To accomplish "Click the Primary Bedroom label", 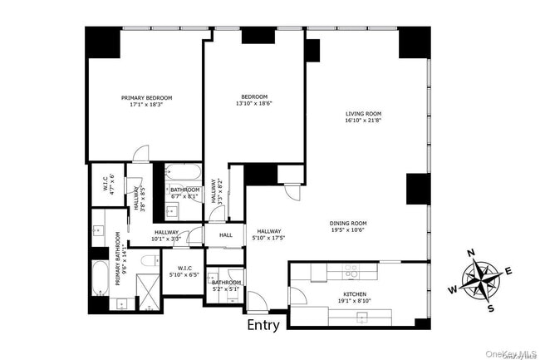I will pos(145,97).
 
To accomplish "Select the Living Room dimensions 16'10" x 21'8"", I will pos(363,121).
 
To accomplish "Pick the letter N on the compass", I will pos(470,254).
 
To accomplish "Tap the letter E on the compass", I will pos(508,269).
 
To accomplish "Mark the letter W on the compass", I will pos(453,290).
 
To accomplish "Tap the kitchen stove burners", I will pos(351,270).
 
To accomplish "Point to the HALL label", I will pos(226,235).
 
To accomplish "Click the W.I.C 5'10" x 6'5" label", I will pos(184,271).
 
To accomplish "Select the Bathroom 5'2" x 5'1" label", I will pos(225,286).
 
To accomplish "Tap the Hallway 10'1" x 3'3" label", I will pos(166,236).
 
